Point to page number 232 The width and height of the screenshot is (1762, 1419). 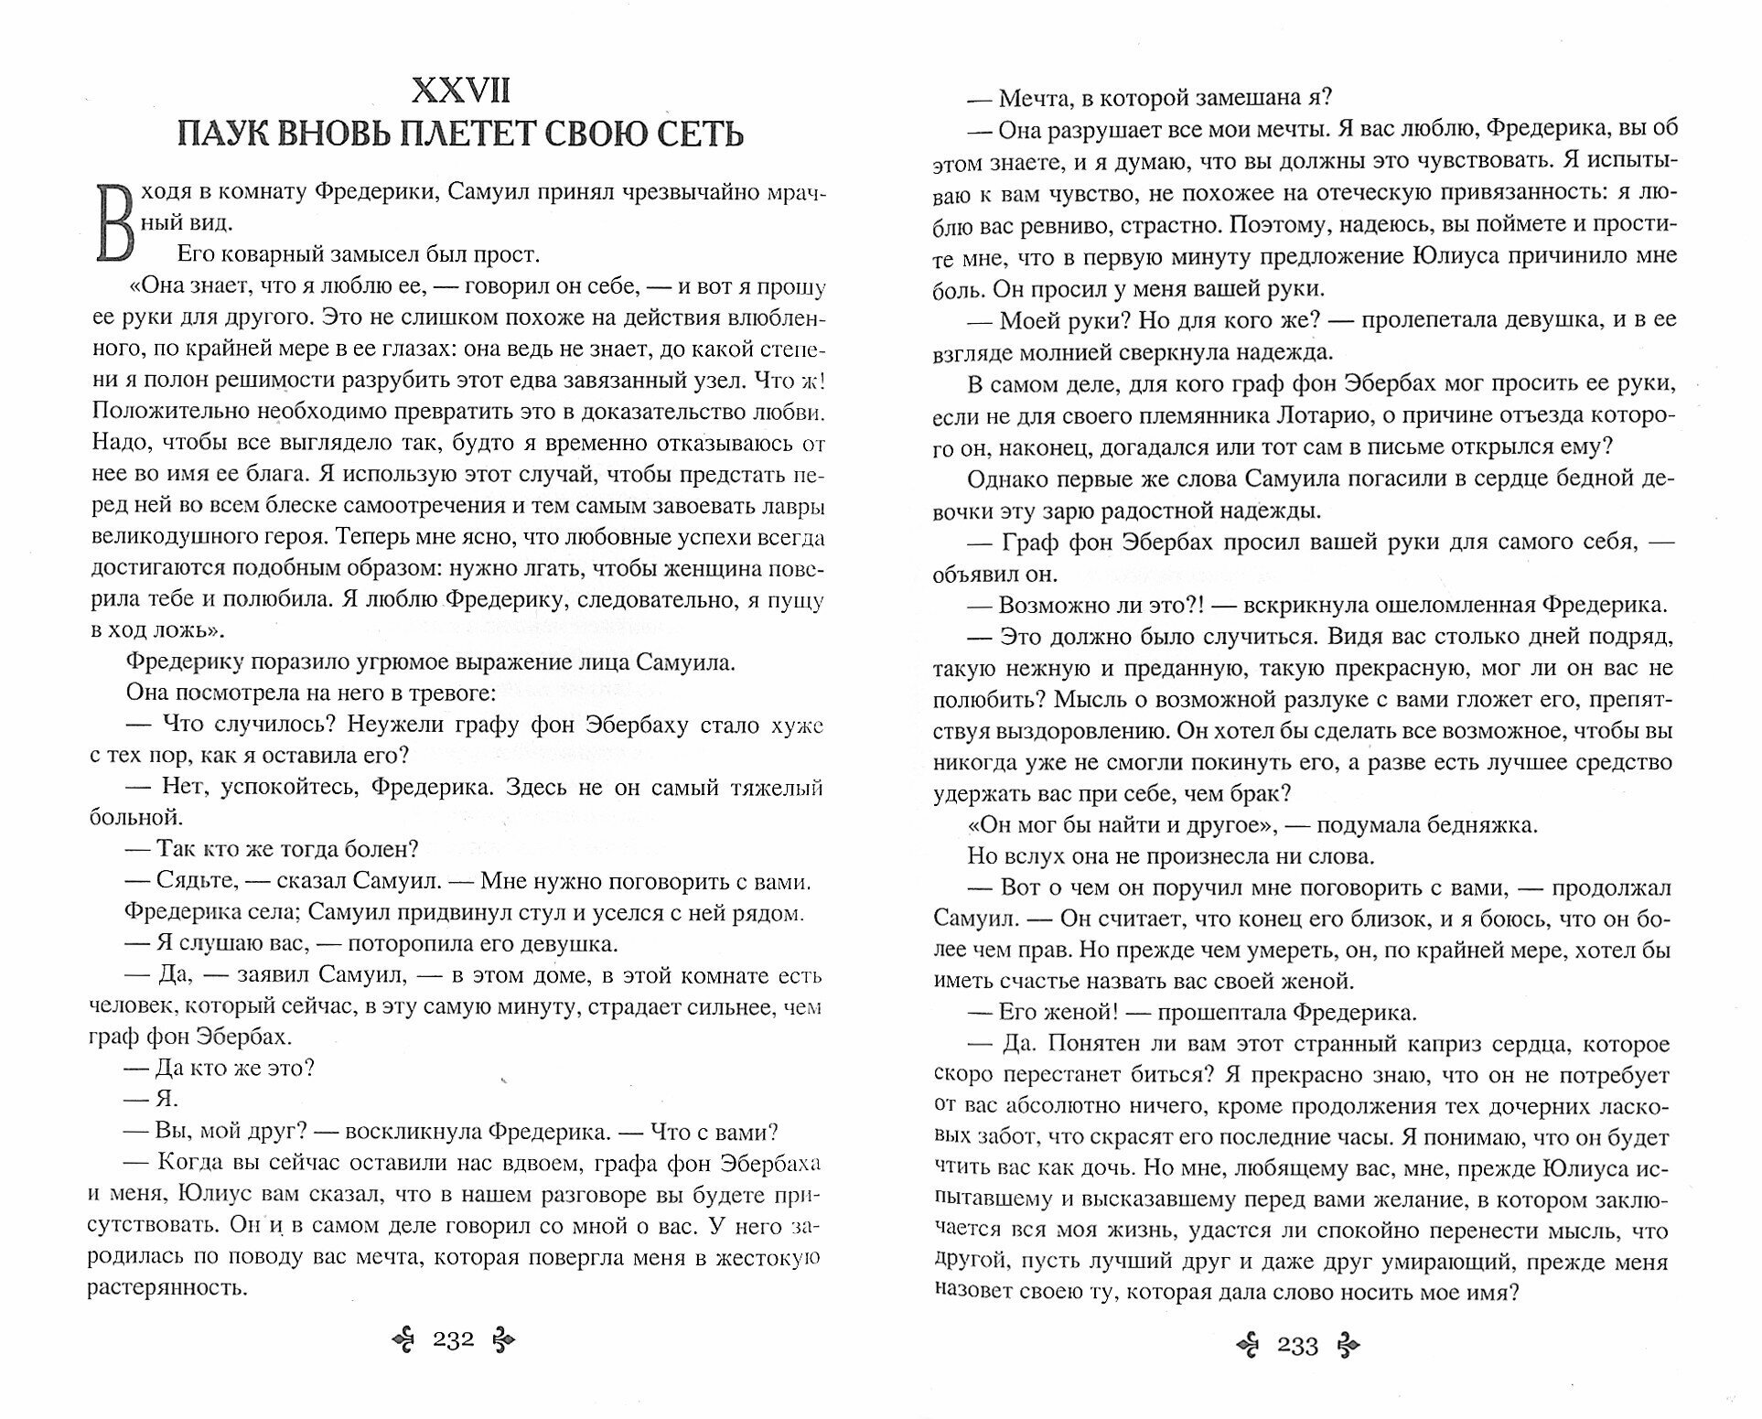tap(453, 1341)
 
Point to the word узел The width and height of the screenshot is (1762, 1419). tap(736, 380)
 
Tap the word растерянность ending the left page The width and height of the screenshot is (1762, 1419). tap(168, 1288)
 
